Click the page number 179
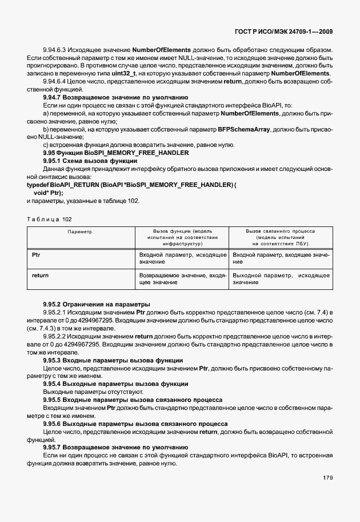[x=327, y=477]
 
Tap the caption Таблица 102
[x=50, y=219]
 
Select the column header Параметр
[x=80, y=232]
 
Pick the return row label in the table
[x=40, y=276]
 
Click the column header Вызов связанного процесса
[x=280, y=231]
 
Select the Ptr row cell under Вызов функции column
[x=182, y=257]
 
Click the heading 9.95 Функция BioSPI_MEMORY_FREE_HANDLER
[x=116, y=153]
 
